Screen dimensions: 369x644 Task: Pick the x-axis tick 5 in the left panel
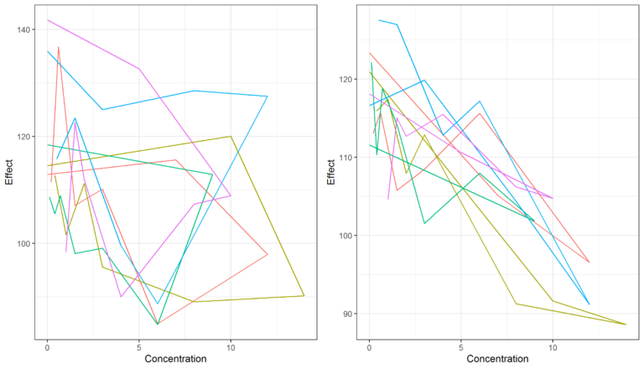click(139, 346)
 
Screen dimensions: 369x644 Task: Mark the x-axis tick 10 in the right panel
click(553, 346)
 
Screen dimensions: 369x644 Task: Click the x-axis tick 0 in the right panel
click(369, 346)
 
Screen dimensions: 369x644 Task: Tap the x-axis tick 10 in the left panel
click(231, 346)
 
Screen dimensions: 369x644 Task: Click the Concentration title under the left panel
click(176, 360)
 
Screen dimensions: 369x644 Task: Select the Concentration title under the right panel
click(497, 360)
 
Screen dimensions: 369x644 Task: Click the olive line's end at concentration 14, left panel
click(304, 295)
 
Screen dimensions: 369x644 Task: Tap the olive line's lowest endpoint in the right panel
click(626, 324)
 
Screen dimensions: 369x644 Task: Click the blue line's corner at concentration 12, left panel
click(267, 96)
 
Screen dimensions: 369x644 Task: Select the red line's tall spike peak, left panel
click(59, 47)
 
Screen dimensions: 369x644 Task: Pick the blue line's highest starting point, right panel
click(379, 20)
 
